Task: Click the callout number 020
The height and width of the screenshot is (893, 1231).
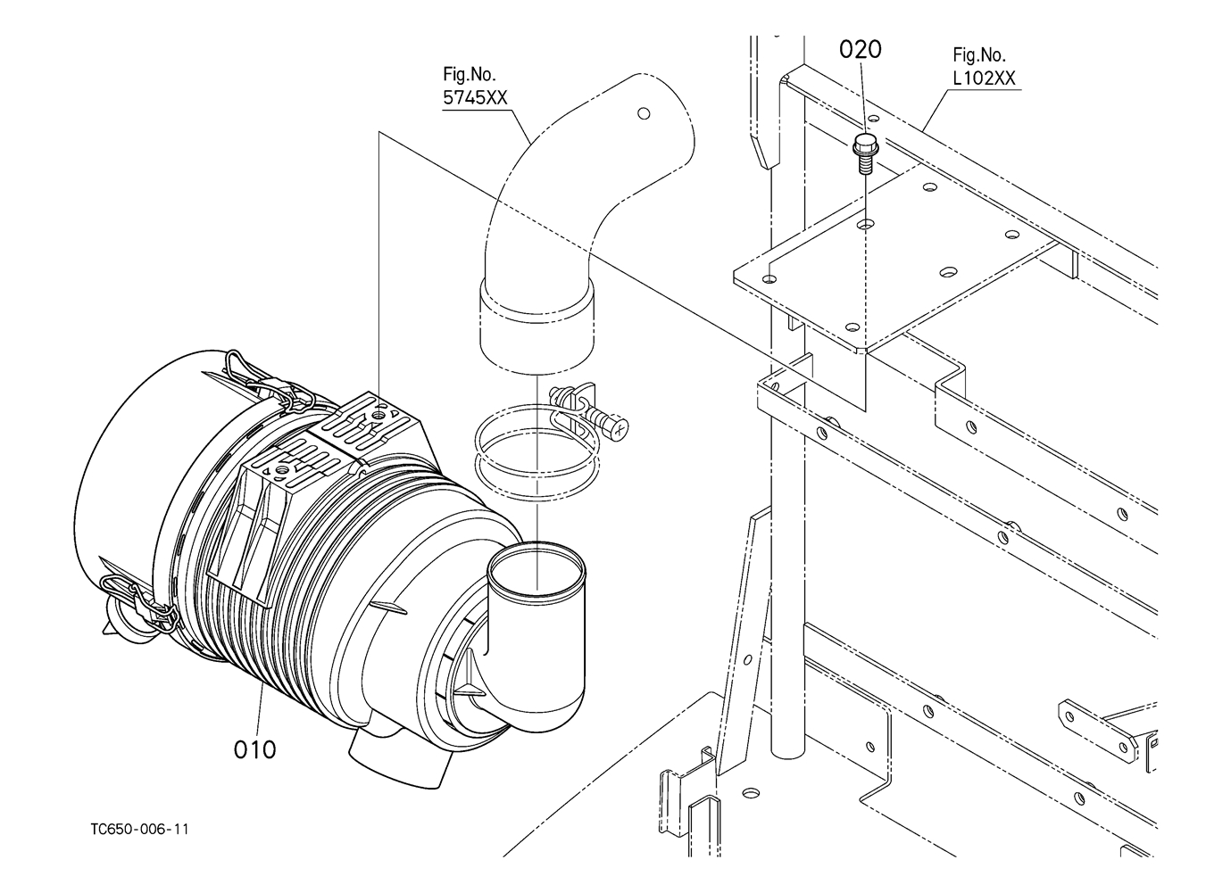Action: click(860, 49)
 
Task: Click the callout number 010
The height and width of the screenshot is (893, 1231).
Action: click(254, 749)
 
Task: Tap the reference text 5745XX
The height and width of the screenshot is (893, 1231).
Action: click(476, 98)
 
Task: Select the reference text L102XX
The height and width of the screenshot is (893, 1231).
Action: click(985, 79)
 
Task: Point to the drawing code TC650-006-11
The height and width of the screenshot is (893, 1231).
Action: click(139, 830)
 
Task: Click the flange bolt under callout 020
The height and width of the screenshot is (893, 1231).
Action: click(866, 153)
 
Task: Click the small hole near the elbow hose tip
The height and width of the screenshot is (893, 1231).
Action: click(644, 113)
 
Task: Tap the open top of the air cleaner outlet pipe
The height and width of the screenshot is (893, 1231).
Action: click(536, 568)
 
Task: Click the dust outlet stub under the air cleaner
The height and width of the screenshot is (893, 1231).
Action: click(400, 761)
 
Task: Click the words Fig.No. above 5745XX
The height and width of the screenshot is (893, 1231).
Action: click(470, 73)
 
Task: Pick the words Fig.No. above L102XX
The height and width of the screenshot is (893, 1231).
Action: click(979, 54)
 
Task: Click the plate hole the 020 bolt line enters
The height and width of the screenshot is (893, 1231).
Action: click(866, 224)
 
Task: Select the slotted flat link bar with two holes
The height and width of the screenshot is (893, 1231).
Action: click(1097, 731)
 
